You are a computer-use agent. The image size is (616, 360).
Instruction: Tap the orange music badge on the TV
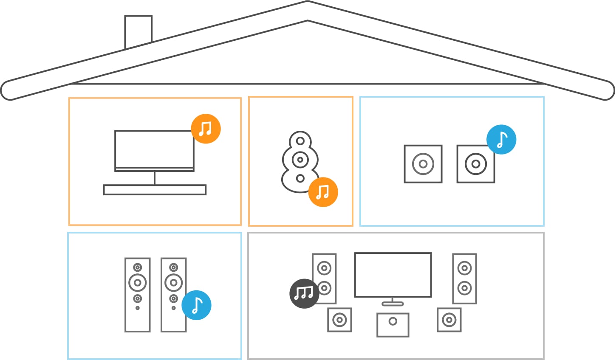point(206,128)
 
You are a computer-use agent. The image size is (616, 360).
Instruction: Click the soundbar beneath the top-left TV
point(155,190)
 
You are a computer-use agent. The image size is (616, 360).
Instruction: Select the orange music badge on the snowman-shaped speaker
point(323,192)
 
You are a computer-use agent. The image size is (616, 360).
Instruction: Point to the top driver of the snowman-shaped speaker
point(300,141)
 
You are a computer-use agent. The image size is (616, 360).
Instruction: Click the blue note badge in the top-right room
point(501,139)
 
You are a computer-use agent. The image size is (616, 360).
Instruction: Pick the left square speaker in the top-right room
point(423,164)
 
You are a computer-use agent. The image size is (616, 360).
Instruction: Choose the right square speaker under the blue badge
point(475,164)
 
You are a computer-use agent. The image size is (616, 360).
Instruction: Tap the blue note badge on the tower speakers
point(196,305)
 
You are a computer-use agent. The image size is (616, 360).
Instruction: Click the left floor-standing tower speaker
point(137,295)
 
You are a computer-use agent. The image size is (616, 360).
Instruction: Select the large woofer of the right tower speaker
point(173,282)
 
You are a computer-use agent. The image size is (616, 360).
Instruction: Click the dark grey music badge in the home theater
point(304,293)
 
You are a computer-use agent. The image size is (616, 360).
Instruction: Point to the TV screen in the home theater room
point(393,275)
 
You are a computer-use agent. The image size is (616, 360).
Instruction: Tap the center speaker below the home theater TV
point(393,325)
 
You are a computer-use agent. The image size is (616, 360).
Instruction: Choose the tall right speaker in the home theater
point(464,278)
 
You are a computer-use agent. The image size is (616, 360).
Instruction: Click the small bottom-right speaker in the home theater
point(449,320)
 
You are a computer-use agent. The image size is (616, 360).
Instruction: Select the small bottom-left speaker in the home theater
point(339,320)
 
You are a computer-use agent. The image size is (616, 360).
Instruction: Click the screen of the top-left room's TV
point(154,149)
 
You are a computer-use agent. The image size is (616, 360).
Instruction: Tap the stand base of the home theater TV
point(393,304)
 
